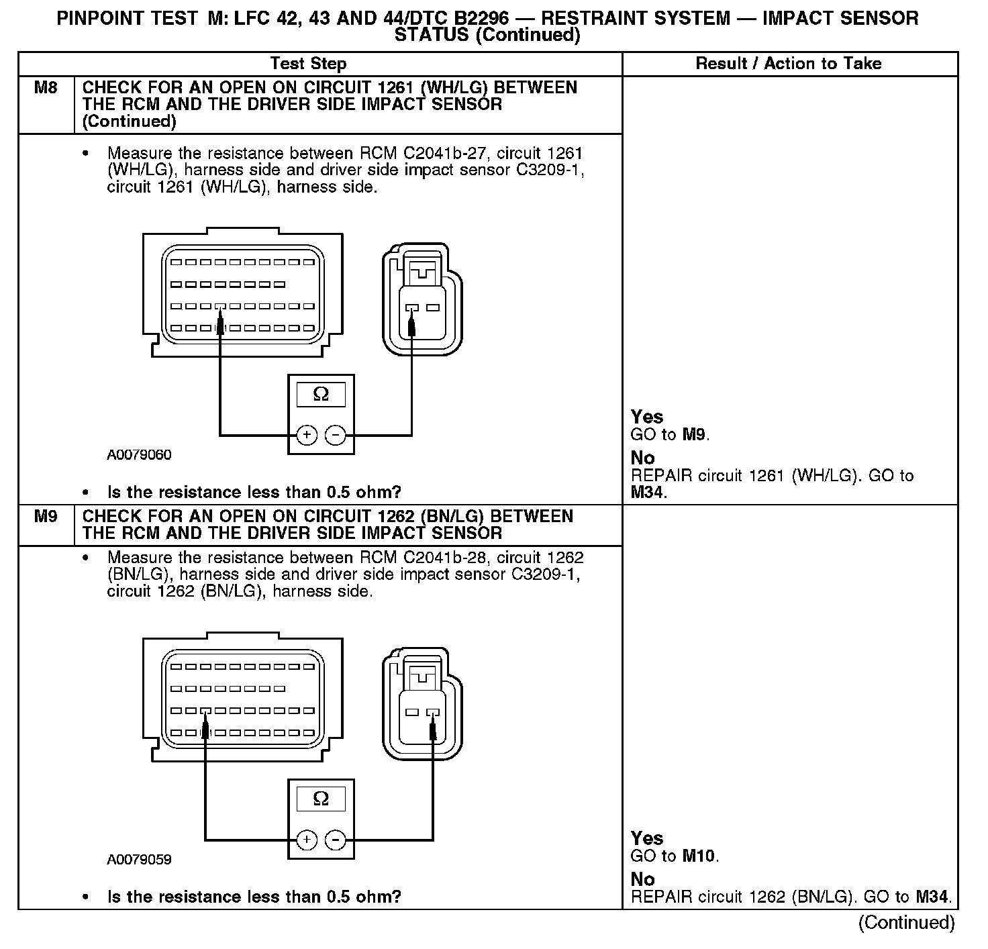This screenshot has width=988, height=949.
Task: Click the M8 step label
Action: [x=46, y=88]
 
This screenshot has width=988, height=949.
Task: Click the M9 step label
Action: [x=46, y=517]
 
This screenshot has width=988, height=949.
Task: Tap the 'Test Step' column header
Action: [x=308, y=64]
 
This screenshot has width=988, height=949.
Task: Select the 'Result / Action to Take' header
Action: [x=789, y=64]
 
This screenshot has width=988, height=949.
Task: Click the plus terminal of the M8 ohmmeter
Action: [x=307, y=436]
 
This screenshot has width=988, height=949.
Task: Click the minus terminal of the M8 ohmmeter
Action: [x=335, y=436]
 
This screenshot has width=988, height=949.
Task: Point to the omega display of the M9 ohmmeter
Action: [x=321, y=799]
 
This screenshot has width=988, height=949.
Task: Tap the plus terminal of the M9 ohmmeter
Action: [x=307, y=840]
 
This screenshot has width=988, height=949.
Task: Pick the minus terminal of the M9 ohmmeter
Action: [x=335, y=840]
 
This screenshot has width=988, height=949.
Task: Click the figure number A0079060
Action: [x=139, y=455]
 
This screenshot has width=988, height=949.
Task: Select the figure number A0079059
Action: [x=139, y=860]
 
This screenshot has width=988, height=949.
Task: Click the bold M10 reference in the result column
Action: [x=699, y=856]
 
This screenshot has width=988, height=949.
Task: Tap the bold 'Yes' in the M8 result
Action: [x=647, y=417]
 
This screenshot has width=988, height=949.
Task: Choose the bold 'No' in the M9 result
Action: [x=642, y=879]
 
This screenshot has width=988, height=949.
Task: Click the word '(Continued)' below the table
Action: [x=906, y=923]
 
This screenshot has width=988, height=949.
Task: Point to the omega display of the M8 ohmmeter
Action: [x=321, y=395]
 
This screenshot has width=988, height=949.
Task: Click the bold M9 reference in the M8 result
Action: [x=695, y=435]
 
